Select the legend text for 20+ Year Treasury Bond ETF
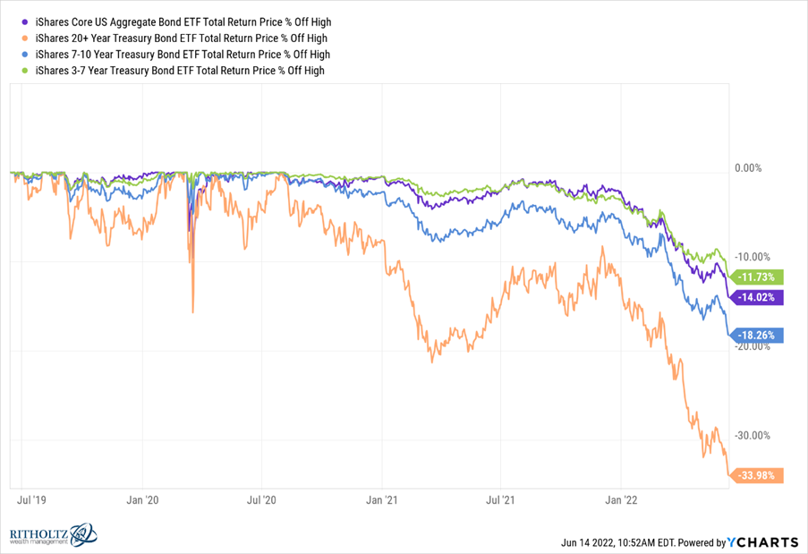[x=180, y=38]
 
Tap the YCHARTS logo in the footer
[x=762, y=541]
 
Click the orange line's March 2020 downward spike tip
[x=193, y=312]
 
